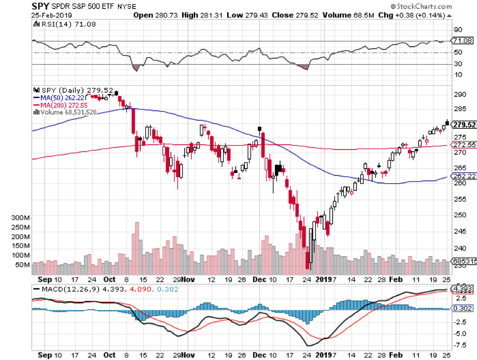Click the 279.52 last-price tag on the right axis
463,125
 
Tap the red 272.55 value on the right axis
463,145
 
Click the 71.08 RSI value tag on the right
462,40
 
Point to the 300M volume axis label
21,218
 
